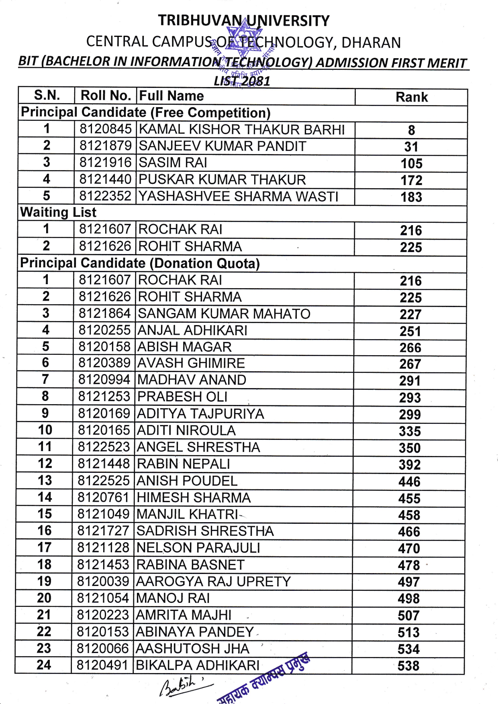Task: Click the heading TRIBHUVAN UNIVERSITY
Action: (244, 20)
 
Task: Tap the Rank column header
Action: (412, 97)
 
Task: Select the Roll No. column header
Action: (106, 96)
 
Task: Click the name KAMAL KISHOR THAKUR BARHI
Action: (242, 130)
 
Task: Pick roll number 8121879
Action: (106, 146)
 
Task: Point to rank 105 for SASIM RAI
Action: (412, 163)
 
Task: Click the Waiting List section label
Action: (59, 212)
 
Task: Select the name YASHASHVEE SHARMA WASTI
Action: (239, 196)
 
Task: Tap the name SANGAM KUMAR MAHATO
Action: (224, 313)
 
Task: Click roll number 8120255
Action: (104, 330)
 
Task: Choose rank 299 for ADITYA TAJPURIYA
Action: (410, 414)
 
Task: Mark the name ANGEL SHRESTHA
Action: (198, 447)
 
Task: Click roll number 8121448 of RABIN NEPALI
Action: (104, 464)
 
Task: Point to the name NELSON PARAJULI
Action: (198, 548)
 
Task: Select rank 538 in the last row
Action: (408, 666)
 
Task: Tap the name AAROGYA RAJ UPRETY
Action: (213, 582)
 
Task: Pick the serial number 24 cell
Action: (44, 665)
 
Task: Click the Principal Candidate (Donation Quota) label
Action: (140, 263)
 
